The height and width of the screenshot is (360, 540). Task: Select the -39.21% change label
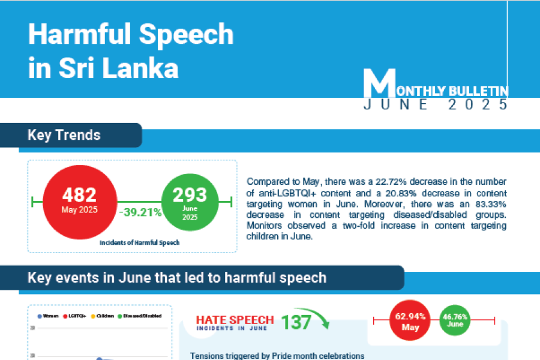coord(139,211)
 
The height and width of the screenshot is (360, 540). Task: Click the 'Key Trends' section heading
coord(64,135)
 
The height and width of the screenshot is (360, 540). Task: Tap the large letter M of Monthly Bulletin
coord(380,84)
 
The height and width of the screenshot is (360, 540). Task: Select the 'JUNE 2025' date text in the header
coord(436,104)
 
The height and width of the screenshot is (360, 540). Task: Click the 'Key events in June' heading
coord(177,278)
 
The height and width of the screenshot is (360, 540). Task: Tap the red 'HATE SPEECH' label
coord(235,320)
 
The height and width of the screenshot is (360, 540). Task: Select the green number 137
coord(296,323)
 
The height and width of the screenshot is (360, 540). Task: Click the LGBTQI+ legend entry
coord(75,316)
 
